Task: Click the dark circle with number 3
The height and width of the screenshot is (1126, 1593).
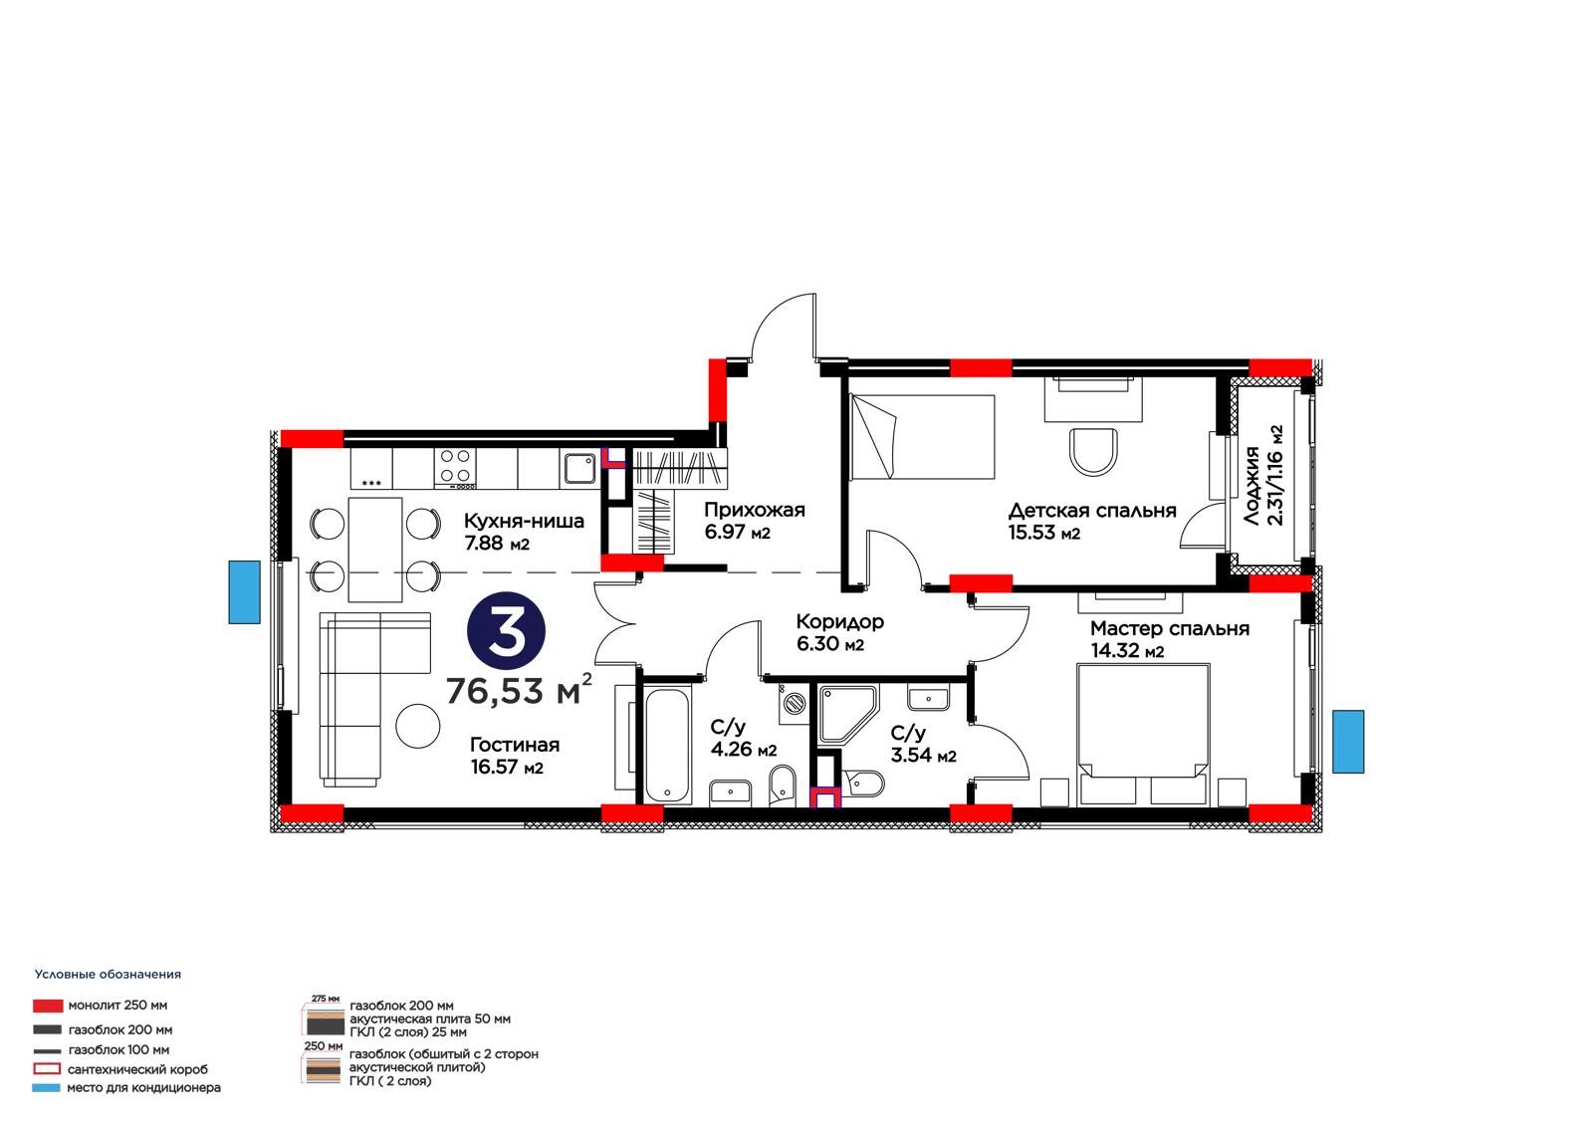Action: pyautogui.click(x=506, y=631)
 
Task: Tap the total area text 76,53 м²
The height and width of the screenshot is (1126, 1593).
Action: pyautogui.click(x=519, y=690)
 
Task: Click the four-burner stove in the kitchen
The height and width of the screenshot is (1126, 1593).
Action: pyautogui.click(x=455, y=469)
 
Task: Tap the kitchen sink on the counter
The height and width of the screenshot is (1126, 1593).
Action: pyautogui.click(x=580, y=469)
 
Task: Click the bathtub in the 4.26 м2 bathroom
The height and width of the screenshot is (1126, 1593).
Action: pyautogui.click(x=667, y=746)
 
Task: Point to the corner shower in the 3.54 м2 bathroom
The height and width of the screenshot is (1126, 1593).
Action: pyautogui.click(x=847, y=715)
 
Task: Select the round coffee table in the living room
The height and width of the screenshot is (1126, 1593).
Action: pyautogui.click(x=417, y=726)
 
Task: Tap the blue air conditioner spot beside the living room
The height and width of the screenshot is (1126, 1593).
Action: pyautogui.click(x=244, y=592)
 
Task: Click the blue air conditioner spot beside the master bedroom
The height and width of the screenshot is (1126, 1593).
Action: pyautogui.click(x=1348, y=742)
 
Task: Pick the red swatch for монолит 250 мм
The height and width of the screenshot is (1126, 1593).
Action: pyautogui.click(x=48, y=1006)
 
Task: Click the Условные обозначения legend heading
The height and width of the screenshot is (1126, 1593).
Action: pyautogui.click(x=109, y=975)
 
